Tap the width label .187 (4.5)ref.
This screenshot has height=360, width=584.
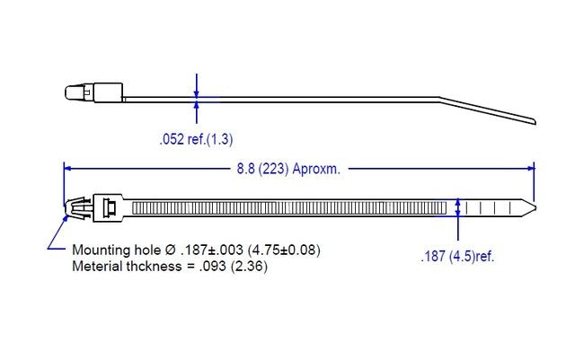click(x=457, y=256)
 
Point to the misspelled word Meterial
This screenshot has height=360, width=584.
click(x=96, y=267)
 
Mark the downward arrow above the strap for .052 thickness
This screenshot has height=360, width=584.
click(x=196, y=89)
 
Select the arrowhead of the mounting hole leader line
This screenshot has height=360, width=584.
click(x=67, y=213)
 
